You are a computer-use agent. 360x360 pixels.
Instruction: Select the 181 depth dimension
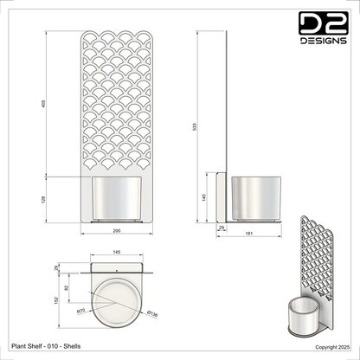tap(249, 234)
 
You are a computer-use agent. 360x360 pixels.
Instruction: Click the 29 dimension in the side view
tap(221, 228)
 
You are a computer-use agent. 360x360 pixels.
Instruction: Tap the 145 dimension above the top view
tap(117, 253)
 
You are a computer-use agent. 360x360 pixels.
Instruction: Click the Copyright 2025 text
tap(332, 346)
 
